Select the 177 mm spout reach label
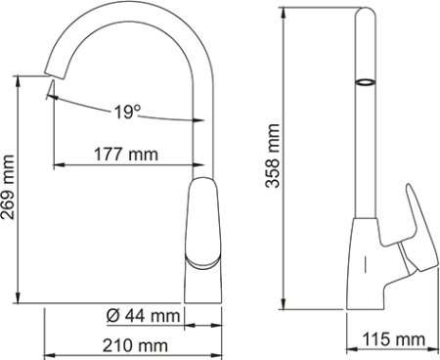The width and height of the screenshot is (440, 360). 128,155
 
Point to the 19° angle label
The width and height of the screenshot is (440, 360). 121,112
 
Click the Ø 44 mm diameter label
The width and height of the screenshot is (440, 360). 141,315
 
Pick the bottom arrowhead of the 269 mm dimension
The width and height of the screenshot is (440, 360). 19,300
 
